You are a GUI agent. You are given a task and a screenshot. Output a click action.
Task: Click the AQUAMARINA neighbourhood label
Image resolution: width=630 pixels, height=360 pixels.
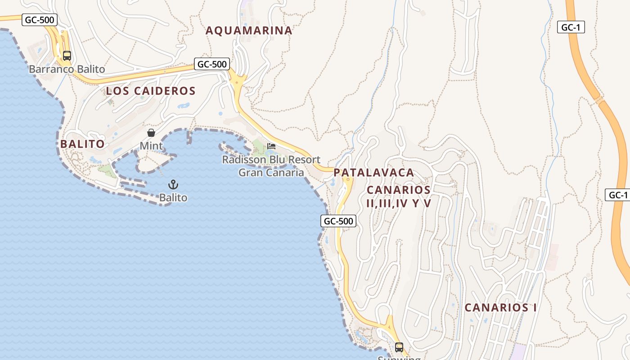pyautogui.click(x=249, y=31)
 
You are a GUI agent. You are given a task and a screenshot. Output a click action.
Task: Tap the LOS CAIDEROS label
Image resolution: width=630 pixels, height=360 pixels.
pyautogui.click(x=151, y=91)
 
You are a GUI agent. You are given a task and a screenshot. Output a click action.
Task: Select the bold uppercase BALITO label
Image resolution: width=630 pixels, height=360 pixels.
pyautogui.click(x=82, y=144)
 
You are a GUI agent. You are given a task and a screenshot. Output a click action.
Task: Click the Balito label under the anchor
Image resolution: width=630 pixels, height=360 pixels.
pyautogui.click(x=173, y=198)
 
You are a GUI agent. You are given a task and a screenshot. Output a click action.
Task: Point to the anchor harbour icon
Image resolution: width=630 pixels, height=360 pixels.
pyautogui.click(x=173, y=184)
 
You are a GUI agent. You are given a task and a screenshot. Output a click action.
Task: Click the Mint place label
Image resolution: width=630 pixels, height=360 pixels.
pyautogui.click(x=151, y=146)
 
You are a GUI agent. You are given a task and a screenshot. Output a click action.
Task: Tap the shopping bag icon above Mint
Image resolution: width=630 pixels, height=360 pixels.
pyautogui.click(x=151, y=133)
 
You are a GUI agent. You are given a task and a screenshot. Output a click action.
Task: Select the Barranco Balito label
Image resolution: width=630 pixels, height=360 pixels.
pyautogui.click(x=67, y=69)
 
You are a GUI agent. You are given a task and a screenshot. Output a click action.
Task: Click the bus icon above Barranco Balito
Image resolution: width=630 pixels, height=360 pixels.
pyautogui.click(x=67, y=56)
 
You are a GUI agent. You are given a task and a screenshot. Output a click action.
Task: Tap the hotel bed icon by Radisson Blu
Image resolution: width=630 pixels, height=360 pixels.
pyautogui.click(x=271, y=146)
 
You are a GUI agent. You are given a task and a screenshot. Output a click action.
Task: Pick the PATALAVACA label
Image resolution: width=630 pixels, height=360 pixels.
pyautogui.click(x=373, y=173)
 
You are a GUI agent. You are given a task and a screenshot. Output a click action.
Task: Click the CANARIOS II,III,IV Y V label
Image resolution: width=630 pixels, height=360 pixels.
pyautogui.click(x=399, y=197)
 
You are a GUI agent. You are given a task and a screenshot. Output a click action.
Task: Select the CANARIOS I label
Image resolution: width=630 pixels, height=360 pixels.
pyautogui.click(x=500, y=308)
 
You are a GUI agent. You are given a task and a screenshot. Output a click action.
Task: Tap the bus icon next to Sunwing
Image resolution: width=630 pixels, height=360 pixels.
pyautogui.click(x=399, y=347)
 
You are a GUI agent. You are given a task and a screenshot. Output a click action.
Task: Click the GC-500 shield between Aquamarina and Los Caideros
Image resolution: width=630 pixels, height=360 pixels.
pyautogui.click(x=212, y=64)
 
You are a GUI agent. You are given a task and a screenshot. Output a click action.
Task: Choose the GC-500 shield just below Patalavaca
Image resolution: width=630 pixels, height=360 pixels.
pyautogui.click(x=338, y=221)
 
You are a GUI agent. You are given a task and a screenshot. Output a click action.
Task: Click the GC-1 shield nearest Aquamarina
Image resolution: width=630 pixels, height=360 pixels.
pyautogui.click(x=571, y=27)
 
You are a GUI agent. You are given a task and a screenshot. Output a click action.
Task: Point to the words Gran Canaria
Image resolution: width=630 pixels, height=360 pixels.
pyautogui.click(x=271, y=172)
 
